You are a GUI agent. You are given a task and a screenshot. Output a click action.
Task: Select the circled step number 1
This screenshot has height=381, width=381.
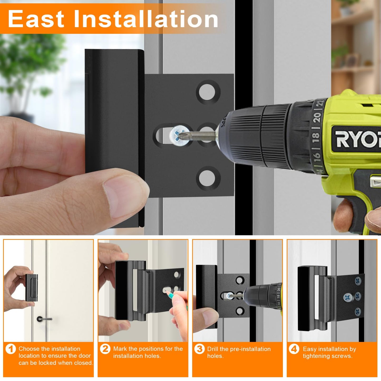pos(11,349)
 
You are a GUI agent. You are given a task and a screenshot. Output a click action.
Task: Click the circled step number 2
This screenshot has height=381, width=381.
pos(105,349)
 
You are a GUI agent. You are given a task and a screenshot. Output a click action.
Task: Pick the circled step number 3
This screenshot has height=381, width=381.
pos(199,349)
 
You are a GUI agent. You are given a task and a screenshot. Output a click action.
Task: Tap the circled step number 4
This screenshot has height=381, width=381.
pos(294,349)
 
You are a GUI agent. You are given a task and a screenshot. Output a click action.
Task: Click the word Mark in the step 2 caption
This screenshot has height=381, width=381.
pos(120,349)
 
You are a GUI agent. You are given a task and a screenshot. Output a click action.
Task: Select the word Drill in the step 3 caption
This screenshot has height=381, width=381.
pos(213,349)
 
